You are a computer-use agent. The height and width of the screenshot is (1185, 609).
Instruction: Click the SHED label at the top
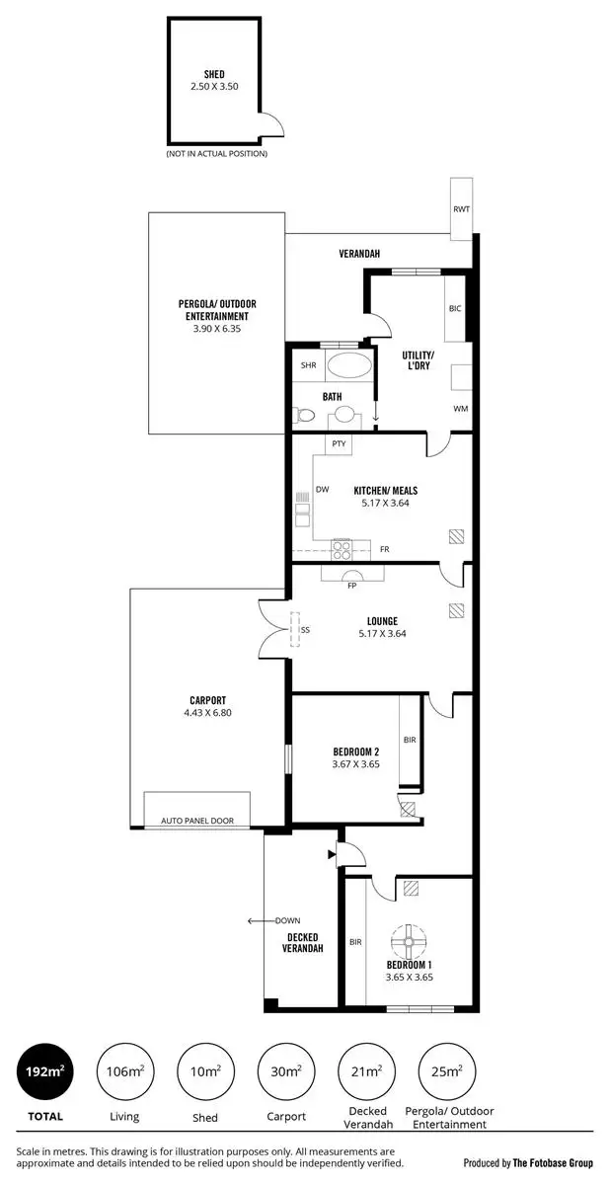[213, 74]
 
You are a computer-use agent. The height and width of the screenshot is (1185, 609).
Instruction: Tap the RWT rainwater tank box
[461, 208]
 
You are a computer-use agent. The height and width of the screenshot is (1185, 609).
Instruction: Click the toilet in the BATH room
[305, 418]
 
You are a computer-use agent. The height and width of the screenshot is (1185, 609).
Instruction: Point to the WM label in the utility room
[460, 408]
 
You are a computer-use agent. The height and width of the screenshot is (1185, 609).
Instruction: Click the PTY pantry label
[339, 444]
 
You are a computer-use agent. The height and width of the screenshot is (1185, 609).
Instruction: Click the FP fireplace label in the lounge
[351, 586]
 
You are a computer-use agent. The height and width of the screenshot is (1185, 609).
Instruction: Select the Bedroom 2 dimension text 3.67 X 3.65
[355, 763]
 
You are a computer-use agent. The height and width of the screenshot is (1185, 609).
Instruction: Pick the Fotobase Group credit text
[528, 1163]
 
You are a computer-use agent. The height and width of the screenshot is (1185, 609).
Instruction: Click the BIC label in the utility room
[455, 309]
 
